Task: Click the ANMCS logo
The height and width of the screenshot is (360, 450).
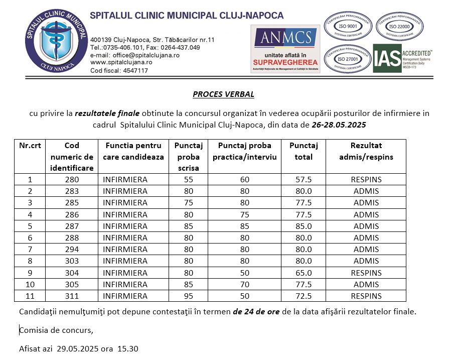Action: coord(285,49)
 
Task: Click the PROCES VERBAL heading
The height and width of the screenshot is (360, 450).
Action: coord(223,94)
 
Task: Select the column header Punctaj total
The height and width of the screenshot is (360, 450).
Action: coord(304,151)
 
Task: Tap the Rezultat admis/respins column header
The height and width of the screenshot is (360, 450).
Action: coord(366,151)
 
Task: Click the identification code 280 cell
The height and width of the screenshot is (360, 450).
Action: coord(72,180)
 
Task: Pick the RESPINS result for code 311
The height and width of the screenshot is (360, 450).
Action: coord(366,296)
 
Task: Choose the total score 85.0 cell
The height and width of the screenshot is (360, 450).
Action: coord(304,226)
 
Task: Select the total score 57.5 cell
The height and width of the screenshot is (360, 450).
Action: coord(304,180)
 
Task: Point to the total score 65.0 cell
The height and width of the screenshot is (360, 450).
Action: coord(304,273)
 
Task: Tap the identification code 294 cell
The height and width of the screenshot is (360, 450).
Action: coord(72,250)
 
